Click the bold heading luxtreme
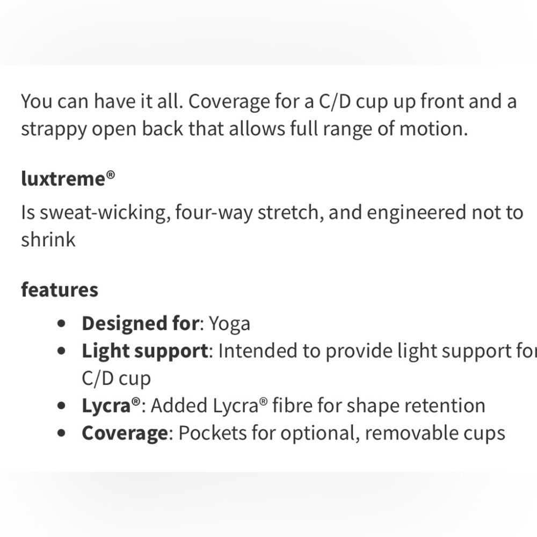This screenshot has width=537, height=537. tap(63, 178)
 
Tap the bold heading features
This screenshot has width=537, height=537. tap(60, 289)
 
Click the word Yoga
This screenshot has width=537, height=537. tap(229, 324)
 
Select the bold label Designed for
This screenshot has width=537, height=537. tap(140, 324)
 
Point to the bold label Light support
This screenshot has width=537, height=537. tap(144, 351)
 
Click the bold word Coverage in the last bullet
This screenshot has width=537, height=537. tap(125, 433)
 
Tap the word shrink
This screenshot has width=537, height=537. tap(48, 240)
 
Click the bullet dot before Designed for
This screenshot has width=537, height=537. tap(64, 324)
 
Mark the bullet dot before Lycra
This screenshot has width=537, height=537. tap(64, 406)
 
